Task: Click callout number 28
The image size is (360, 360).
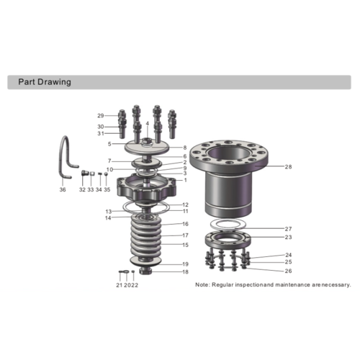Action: (289, 167)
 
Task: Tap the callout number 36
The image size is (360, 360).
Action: (63, 190)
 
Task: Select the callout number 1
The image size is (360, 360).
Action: (185, 180)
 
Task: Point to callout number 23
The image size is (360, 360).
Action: (289, 237)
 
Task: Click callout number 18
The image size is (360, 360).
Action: (185, 272)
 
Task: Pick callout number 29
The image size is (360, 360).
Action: (101, 116)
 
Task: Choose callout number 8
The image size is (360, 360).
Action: (185, 148)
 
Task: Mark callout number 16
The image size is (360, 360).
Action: (185, 224)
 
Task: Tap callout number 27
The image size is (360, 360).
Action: (289, 228)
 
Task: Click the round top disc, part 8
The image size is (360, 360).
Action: (148, 147)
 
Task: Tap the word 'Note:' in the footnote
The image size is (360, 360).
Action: (205, 285)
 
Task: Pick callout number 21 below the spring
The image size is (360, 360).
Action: (120, 285)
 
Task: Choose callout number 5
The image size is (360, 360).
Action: (109, 143)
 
